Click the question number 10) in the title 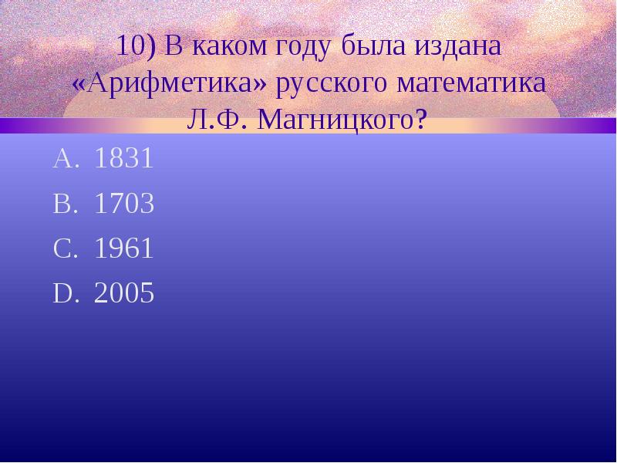136,47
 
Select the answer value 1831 123,160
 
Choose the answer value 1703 123,204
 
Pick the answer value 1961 123,249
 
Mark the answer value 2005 123,294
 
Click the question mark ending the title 420,120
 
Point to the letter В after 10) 173,47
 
